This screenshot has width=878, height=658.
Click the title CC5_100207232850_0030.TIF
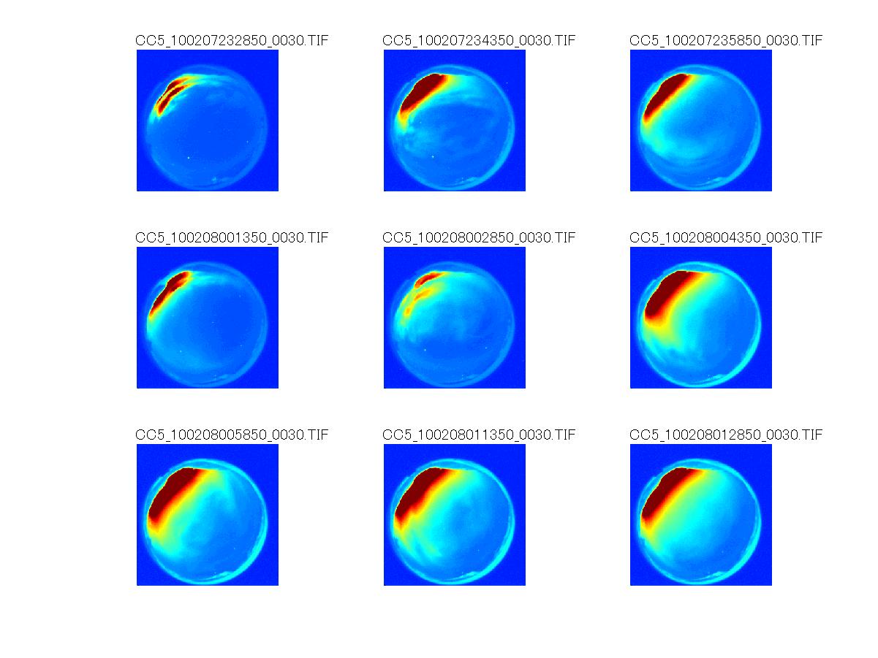pyautogui.click(x=232, y=40)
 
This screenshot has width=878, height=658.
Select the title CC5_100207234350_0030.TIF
pyautogui.click(x=479, y=40)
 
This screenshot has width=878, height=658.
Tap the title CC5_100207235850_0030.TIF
pyautogui.click(x=726, y=40)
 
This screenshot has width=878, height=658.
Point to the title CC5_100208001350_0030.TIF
pyautogui.click(x=232, y=237)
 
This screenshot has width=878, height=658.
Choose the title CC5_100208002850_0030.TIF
pyautogui.click(x=479, y=237)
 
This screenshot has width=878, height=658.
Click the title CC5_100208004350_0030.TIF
pyautogui.click(x=726, y=237)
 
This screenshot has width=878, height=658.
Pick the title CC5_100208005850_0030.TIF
pyautogui.click(x=232, y=435)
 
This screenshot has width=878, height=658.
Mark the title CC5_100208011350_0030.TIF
pyautogui.click(x=479, y=435)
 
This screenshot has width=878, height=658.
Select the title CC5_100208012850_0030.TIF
pyautogui.click(x=726, y=435)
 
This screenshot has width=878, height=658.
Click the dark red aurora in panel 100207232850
pyautogui.click(x=173, y=91)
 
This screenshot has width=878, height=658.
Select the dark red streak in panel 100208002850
pyautogui.click(x=426, y=278)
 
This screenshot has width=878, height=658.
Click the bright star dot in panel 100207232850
pyautogui.click(x=188, y=157)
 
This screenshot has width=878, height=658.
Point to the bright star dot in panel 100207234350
pyautogui.click(x=434, y=156)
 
